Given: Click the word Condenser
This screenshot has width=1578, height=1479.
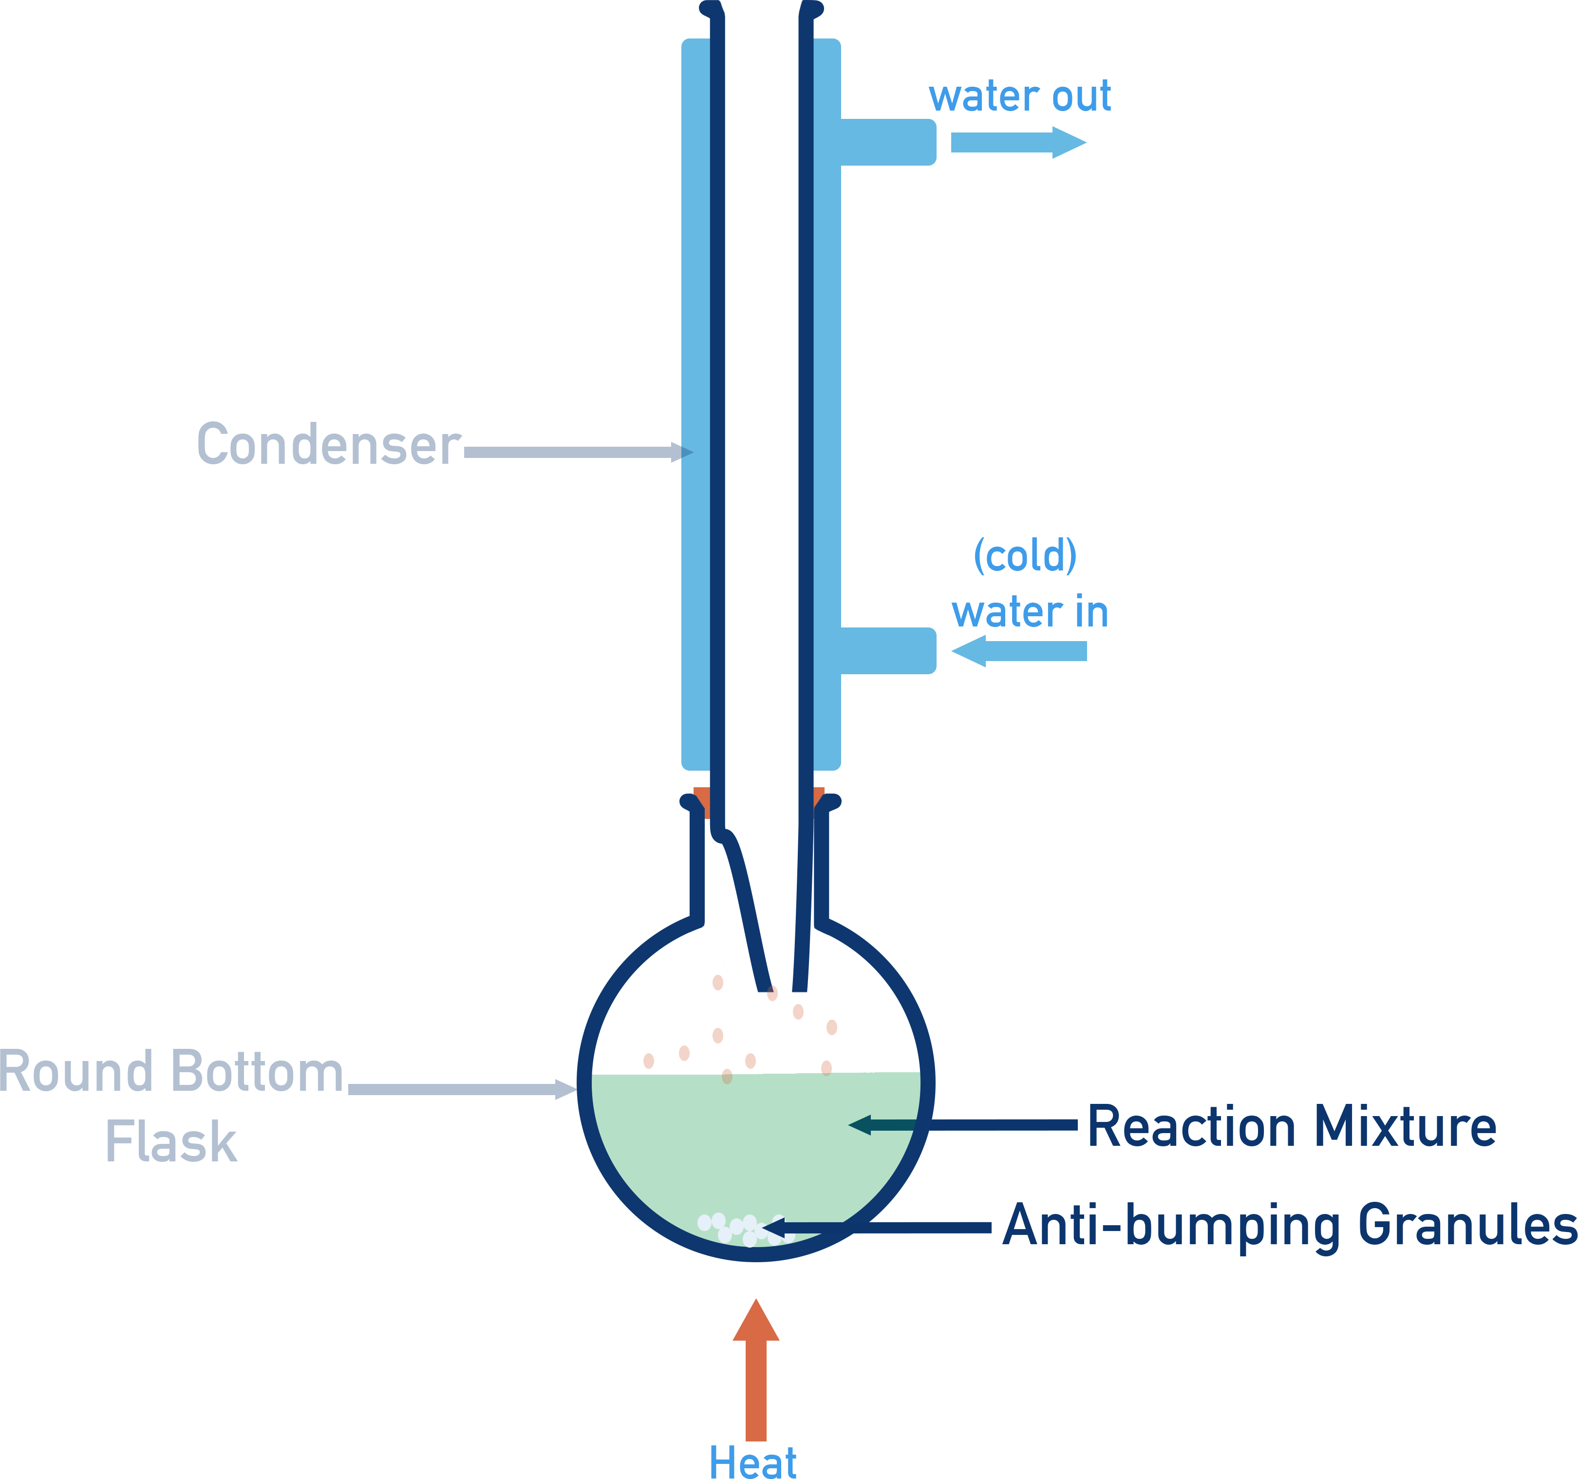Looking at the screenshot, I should pyautogui.click(x=328, y=445).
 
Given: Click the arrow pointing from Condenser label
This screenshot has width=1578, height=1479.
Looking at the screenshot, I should pyautogui.click(x=571, y=453).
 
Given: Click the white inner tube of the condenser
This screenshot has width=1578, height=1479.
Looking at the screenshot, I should pyautogui.click(x=760, y=397).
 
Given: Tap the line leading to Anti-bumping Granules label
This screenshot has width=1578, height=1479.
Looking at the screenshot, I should pyautogui.click(x=913, y=1227).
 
